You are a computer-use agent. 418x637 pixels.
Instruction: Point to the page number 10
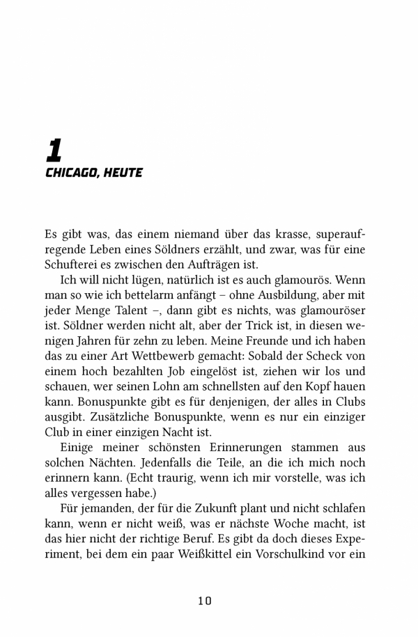click(x=204, y=600)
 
